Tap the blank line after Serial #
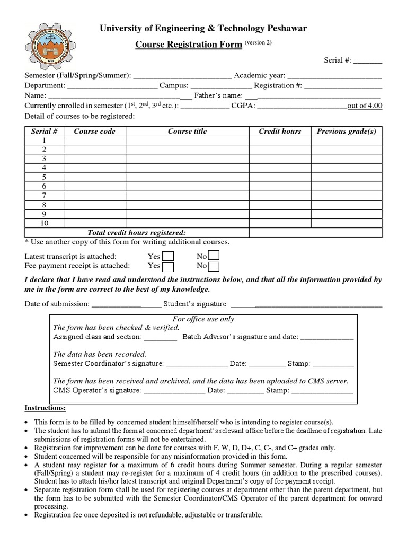point(368,61)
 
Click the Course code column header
point(94,131)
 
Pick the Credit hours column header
point(280,131)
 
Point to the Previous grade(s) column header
point(346,131)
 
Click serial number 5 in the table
point(45,177)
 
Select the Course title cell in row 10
point(187,223)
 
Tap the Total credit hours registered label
point(137,232)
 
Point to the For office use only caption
point(204,319)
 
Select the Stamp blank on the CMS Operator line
point(322,391)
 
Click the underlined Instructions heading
point(45,408)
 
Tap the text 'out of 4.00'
point(365,106)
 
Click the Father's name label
point(218,96)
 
